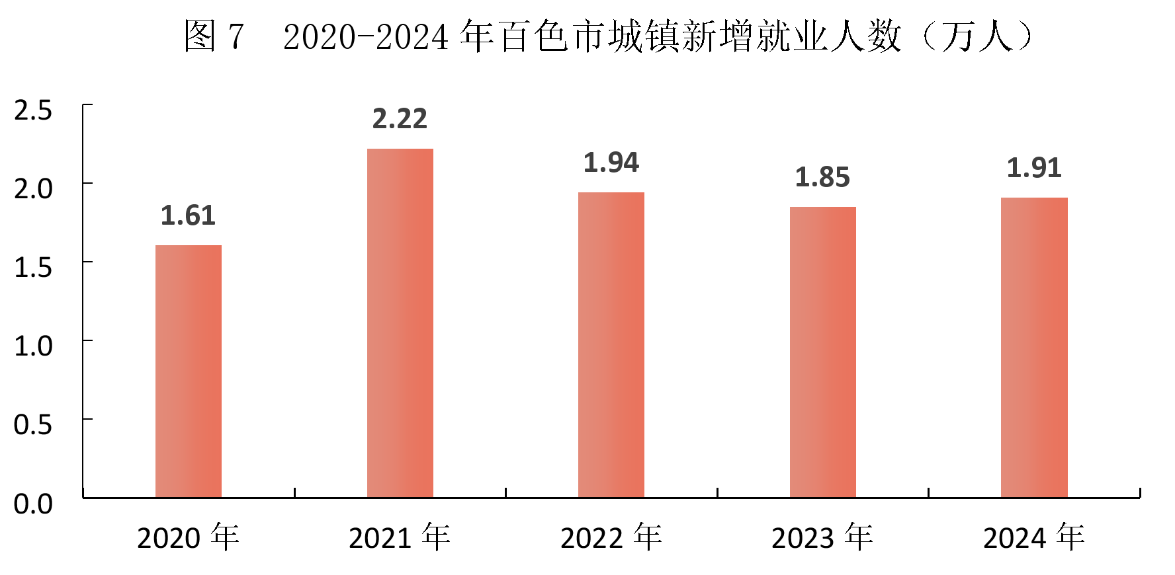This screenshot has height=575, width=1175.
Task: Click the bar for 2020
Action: tap(189, 371)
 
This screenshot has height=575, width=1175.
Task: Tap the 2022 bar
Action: tap(611, 344)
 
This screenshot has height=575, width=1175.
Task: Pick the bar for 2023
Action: tap(823, 352)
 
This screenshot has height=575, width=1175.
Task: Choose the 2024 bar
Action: tap(1034, 347)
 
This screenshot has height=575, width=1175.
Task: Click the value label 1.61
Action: tap(189, 216)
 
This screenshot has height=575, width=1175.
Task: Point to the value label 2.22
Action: tap(400, 120)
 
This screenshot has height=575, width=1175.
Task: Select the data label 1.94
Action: tap(611, 163)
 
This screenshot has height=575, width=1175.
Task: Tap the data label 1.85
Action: tap(822, 178)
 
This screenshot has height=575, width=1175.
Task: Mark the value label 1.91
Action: tap(1034, 169)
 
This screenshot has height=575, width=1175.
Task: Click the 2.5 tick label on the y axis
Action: tap(33, 110)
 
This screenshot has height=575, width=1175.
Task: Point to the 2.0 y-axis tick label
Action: tap(33, 189)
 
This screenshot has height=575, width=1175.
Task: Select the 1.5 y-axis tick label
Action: tap(33, 268)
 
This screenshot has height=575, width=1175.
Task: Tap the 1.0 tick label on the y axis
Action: tap(33, 346)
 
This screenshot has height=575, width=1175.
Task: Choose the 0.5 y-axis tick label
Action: tap(33, 425)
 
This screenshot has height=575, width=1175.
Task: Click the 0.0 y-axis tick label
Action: tap(33, 504)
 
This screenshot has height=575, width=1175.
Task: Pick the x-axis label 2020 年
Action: tap(189, 538)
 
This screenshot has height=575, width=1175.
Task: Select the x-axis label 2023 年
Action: tap(822, 538)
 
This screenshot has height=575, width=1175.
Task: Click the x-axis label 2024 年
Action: tap(1034, 538)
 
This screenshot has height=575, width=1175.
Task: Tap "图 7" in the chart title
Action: tap(214, 36)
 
